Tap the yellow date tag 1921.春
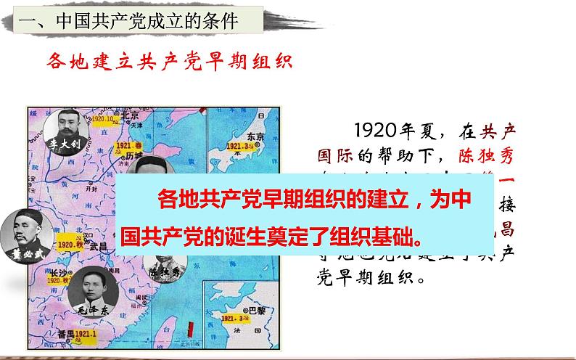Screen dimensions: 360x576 pos(126,146)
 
